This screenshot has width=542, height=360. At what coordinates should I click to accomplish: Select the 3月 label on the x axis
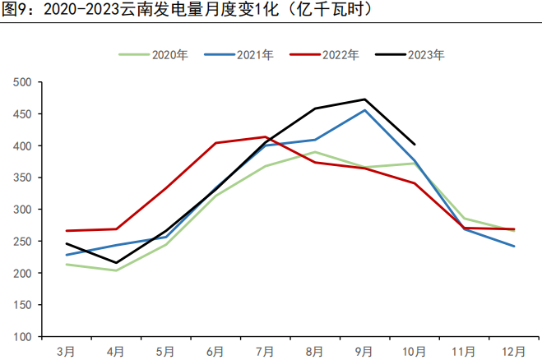pos(67,351)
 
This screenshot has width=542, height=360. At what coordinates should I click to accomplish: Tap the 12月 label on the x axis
pos(514,351)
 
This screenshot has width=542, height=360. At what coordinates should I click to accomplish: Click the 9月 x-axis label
pos(364,351)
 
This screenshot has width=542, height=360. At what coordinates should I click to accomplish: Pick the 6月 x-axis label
pos(215,351)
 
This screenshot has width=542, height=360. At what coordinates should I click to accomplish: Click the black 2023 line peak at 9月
pos(364,99)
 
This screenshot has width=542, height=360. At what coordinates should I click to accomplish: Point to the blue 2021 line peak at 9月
pos(364,110)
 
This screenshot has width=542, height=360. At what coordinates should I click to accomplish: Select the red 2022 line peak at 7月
pos(266,136)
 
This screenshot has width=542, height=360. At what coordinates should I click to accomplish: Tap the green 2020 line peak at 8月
pos(315,152)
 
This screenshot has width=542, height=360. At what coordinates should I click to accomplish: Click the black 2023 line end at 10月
pos(415,145)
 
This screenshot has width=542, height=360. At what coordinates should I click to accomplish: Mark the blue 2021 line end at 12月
pos(514,247)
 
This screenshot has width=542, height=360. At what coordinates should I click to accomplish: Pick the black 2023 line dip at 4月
pos(116,263)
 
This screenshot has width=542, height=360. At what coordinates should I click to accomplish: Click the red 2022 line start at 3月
pos(67,231)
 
